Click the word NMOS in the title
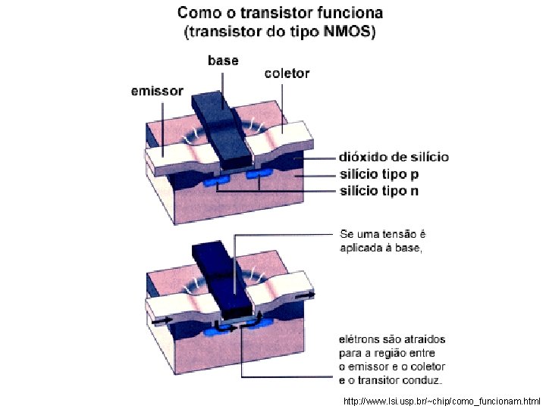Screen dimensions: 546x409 348,33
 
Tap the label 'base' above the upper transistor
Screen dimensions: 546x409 223,61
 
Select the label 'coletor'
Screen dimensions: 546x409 287,73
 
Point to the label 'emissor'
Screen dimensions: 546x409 157,91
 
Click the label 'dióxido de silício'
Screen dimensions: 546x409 394,158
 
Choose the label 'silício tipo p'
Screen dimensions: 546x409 377,174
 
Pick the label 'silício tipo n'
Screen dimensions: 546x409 378,190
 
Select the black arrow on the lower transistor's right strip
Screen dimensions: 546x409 309,294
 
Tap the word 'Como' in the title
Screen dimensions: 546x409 196,13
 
